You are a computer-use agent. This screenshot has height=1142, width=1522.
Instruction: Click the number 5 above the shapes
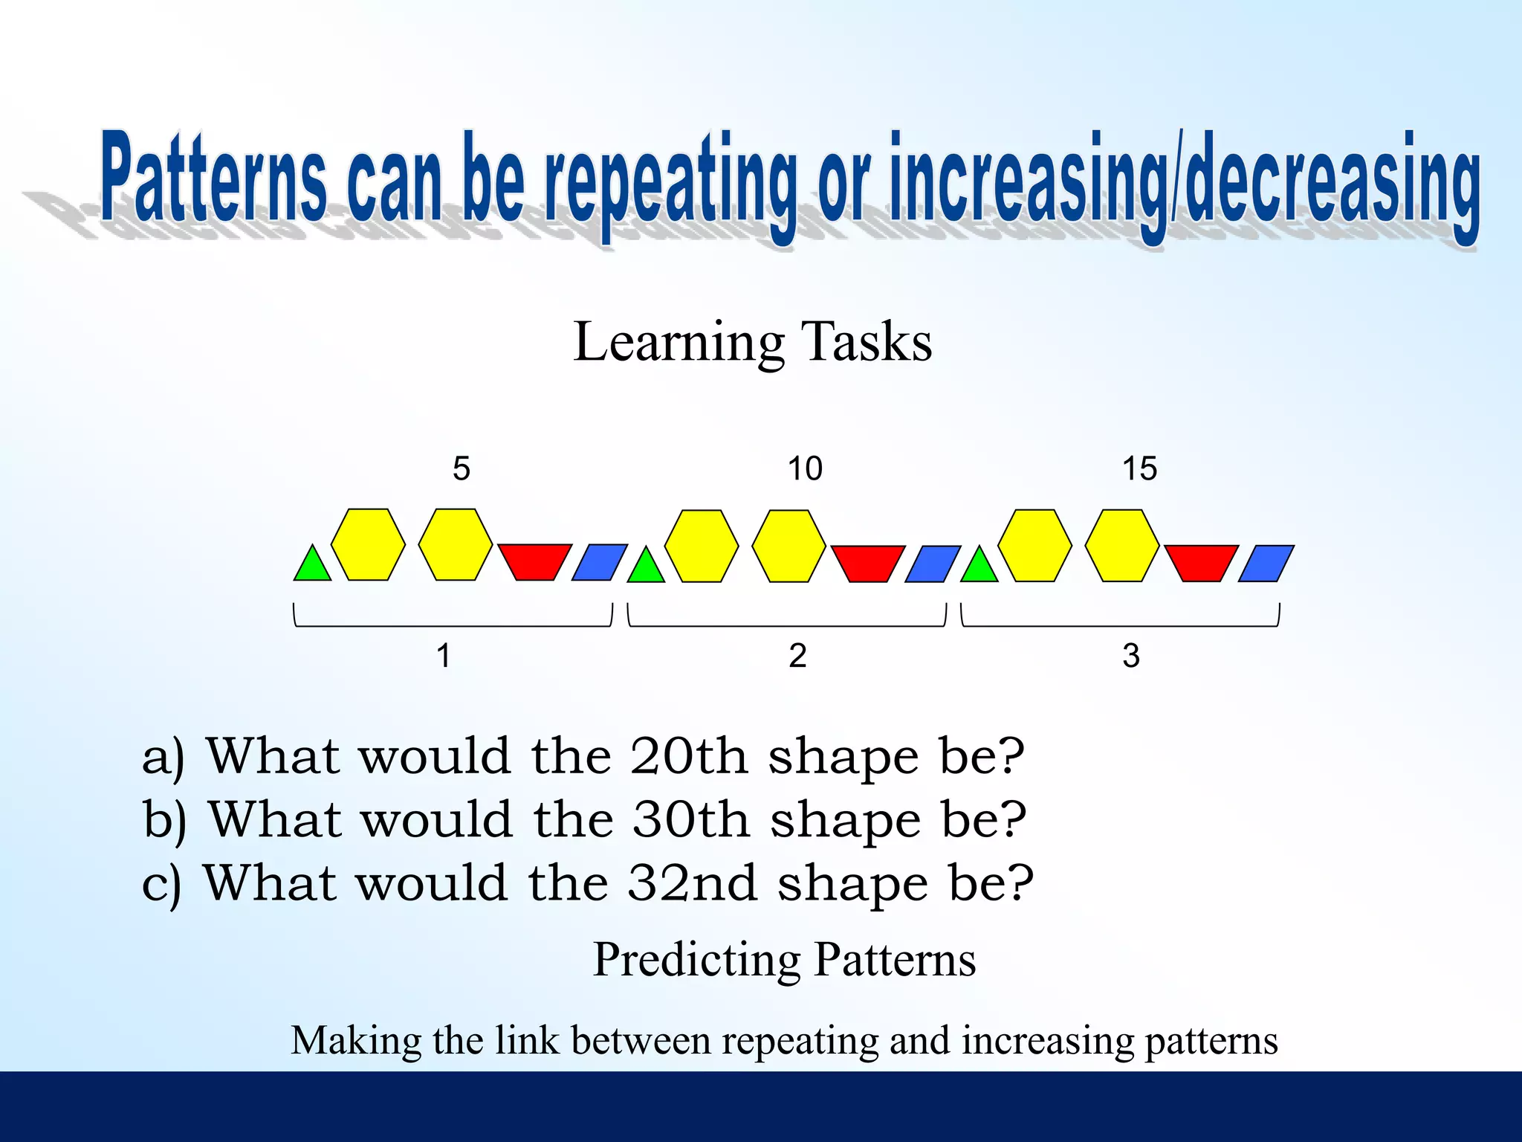[462, 468]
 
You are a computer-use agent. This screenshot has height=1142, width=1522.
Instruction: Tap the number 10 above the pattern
[805, 468]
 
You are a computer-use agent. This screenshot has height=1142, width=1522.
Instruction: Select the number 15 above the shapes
[1139, 468]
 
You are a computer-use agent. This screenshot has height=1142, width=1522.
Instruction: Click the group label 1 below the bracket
[444, 656]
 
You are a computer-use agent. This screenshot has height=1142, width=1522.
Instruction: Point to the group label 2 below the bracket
[797, 656]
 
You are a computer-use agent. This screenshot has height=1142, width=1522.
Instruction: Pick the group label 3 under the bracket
[1130, 656]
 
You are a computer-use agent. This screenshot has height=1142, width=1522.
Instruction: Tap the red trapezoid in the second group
[867, 562]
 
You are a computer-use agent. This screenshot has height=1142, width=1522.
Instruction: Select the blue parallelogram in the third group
[1266, 563]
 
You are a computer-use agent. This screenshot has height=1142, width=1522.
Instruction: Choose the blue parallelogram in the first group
[600, 563]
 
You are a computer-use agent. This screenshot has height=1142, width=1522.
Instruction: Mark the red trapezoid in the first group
[534, 561]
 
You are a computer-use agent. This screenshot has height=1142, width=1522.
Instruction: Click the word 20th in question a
[688, 757]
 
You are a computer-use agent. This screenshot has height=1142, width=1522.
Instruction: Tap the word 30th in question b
[690, 820]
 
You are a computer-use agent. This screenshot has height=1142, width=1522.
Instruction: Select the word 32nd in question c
[692, 883]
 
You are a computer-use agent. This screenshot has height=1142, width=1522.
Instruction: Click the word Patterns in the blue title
[214, 178]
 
